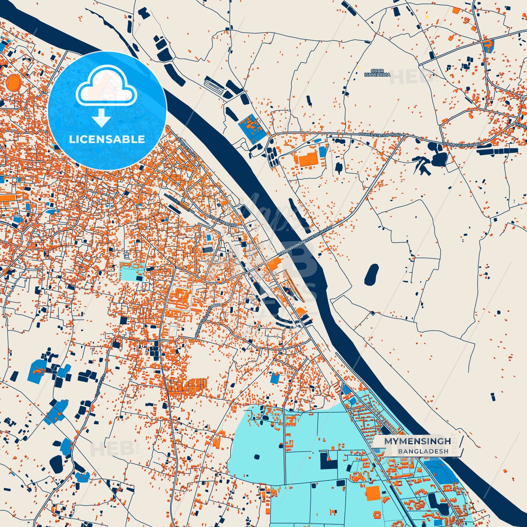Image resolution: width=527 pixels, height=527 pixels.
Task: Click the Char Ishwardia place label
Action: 377,73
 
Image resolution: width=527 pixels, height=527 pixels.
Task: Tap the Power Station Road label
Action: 380,135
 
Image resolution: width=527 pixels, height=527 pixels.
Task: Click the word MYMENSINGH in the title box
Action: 417,441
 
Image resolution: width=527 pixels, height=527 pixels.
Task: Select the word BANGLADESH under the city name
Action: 423,452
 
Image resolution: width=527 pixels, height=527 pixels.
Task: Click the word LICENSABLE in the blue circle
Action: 107,139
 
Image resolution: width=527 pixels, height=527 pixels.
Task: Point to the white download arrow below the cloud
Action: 101,118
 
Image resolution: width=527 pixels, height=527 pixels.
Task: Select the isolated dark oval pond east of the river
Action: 372,275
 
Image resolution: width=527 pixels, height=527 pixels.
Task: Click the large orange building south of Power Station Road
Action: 307,159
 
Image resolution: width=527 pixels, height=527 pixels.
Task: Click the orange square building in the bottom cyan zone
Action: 373,493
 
